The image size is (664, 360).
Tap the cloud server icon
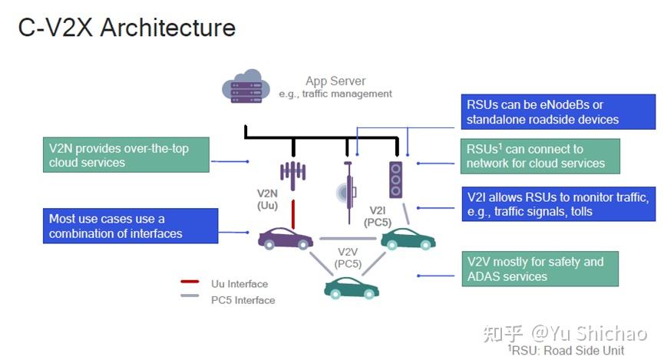[244, 88]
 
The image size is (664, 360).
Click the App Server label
[335, 81]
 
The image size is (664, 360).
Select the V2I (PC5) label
[378, 216]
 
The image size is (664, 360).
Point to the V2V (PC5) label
[348, 257]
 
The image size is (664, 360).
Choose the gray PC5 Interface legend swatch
[190, 300]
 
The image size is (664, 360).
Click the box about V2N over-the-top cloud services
[126, 155]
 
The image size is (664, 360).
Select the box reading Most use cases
[126, 226]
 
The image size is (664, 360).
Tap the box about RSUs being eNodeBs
[558, 112]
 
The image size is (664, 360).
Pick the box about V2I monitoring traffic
[558, 203]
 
